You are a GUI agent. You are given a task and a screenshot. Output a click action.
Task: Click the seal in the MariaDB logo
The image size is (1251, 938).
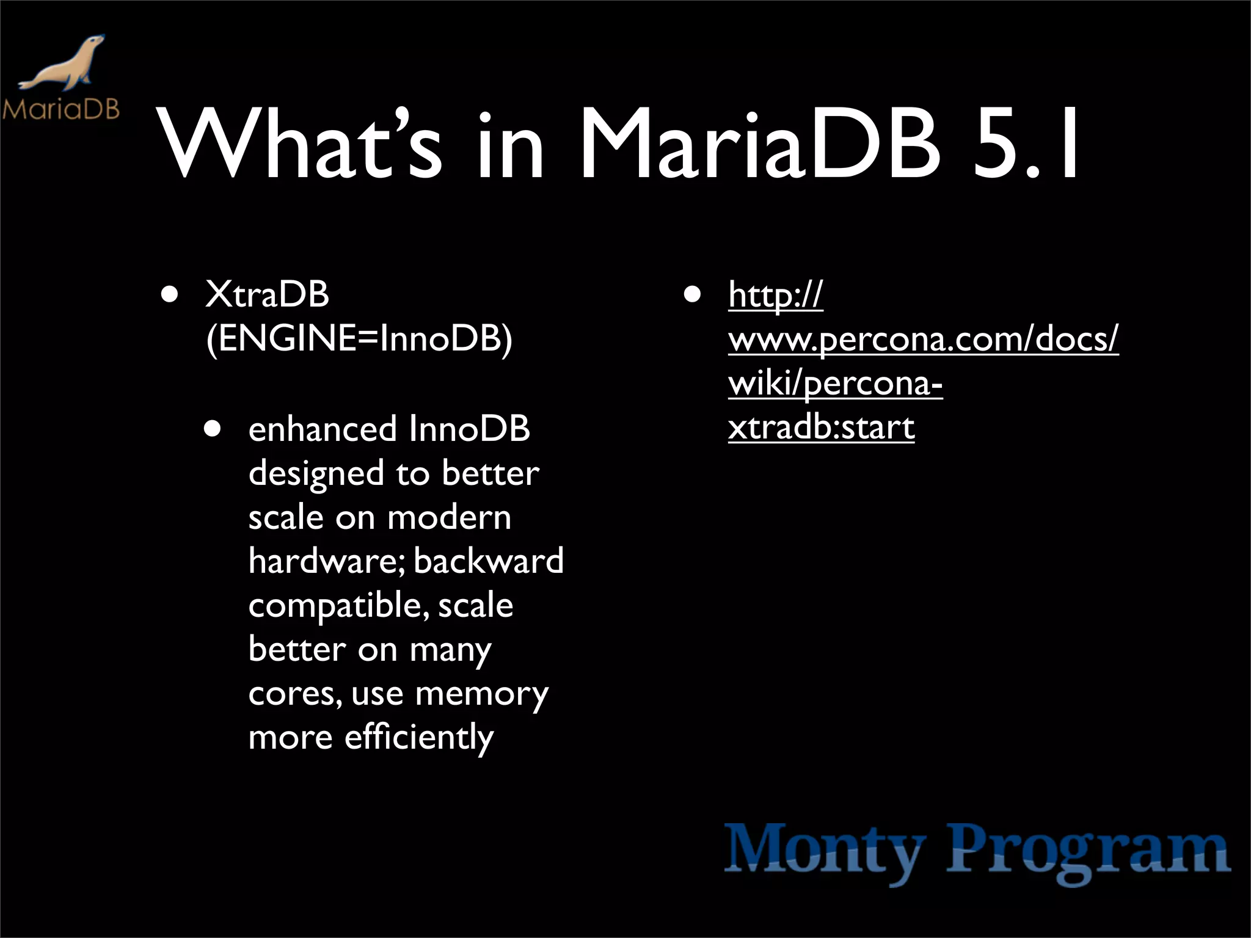tap(64, 64)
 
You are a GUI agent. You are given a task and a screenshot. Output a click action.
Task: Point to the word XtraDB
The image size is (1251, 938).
tap(268, 294)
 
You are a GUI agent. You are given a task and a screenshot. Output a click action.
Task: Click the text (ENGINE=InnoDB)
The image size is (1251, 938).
tap(359, 338)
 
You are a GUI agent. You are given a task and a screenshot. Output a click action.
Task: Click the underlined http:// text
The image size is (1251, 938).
tap(776, 296)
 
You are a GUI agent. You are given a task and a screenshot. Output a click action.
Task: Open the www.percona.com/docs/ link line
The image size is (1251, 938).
tap(923, 340)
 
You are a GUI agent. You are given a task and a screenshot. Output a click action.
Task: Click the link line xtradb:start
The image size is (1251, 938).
tap(821, 427)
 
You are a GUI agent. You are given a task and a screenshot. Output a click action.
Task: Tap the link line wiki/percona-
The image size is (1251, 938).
tap(835, 384)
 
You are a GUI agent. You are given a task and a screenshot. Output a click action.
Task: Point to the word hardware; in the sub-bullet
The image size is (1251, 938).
tap(327, 561)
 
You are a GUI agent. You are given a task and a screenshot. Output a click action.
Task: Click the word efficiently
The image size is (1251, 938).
tap(419, 737)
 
